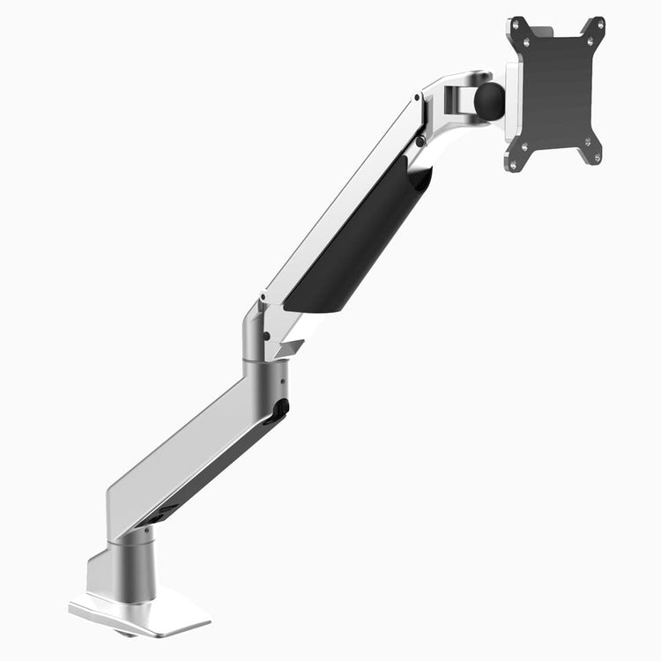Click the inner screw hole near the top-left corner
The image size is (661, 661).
pos(527,41)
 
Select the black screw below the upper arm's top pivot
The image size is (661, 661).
pos(420,141)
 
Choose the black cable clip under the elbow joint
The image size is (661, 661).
pos(280,409)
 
